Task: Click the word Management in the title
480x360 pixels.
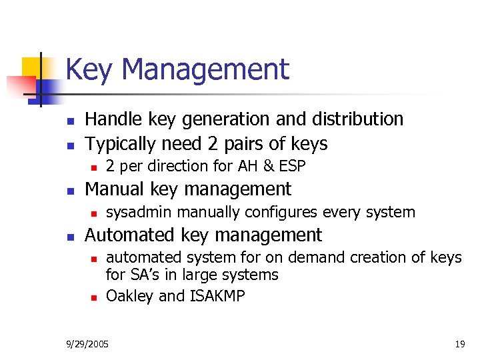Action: click(x=206, y=70)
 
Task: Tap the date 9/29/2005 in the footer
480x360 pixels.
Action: click(x=89, y=344)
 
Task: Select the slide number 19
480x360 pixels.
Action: click(x=459, y=344)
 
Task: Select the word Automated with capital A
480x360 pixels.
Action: click(x=128, y=235)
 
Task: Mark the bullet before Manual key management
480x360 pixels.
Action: click(x=69, y=191)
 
